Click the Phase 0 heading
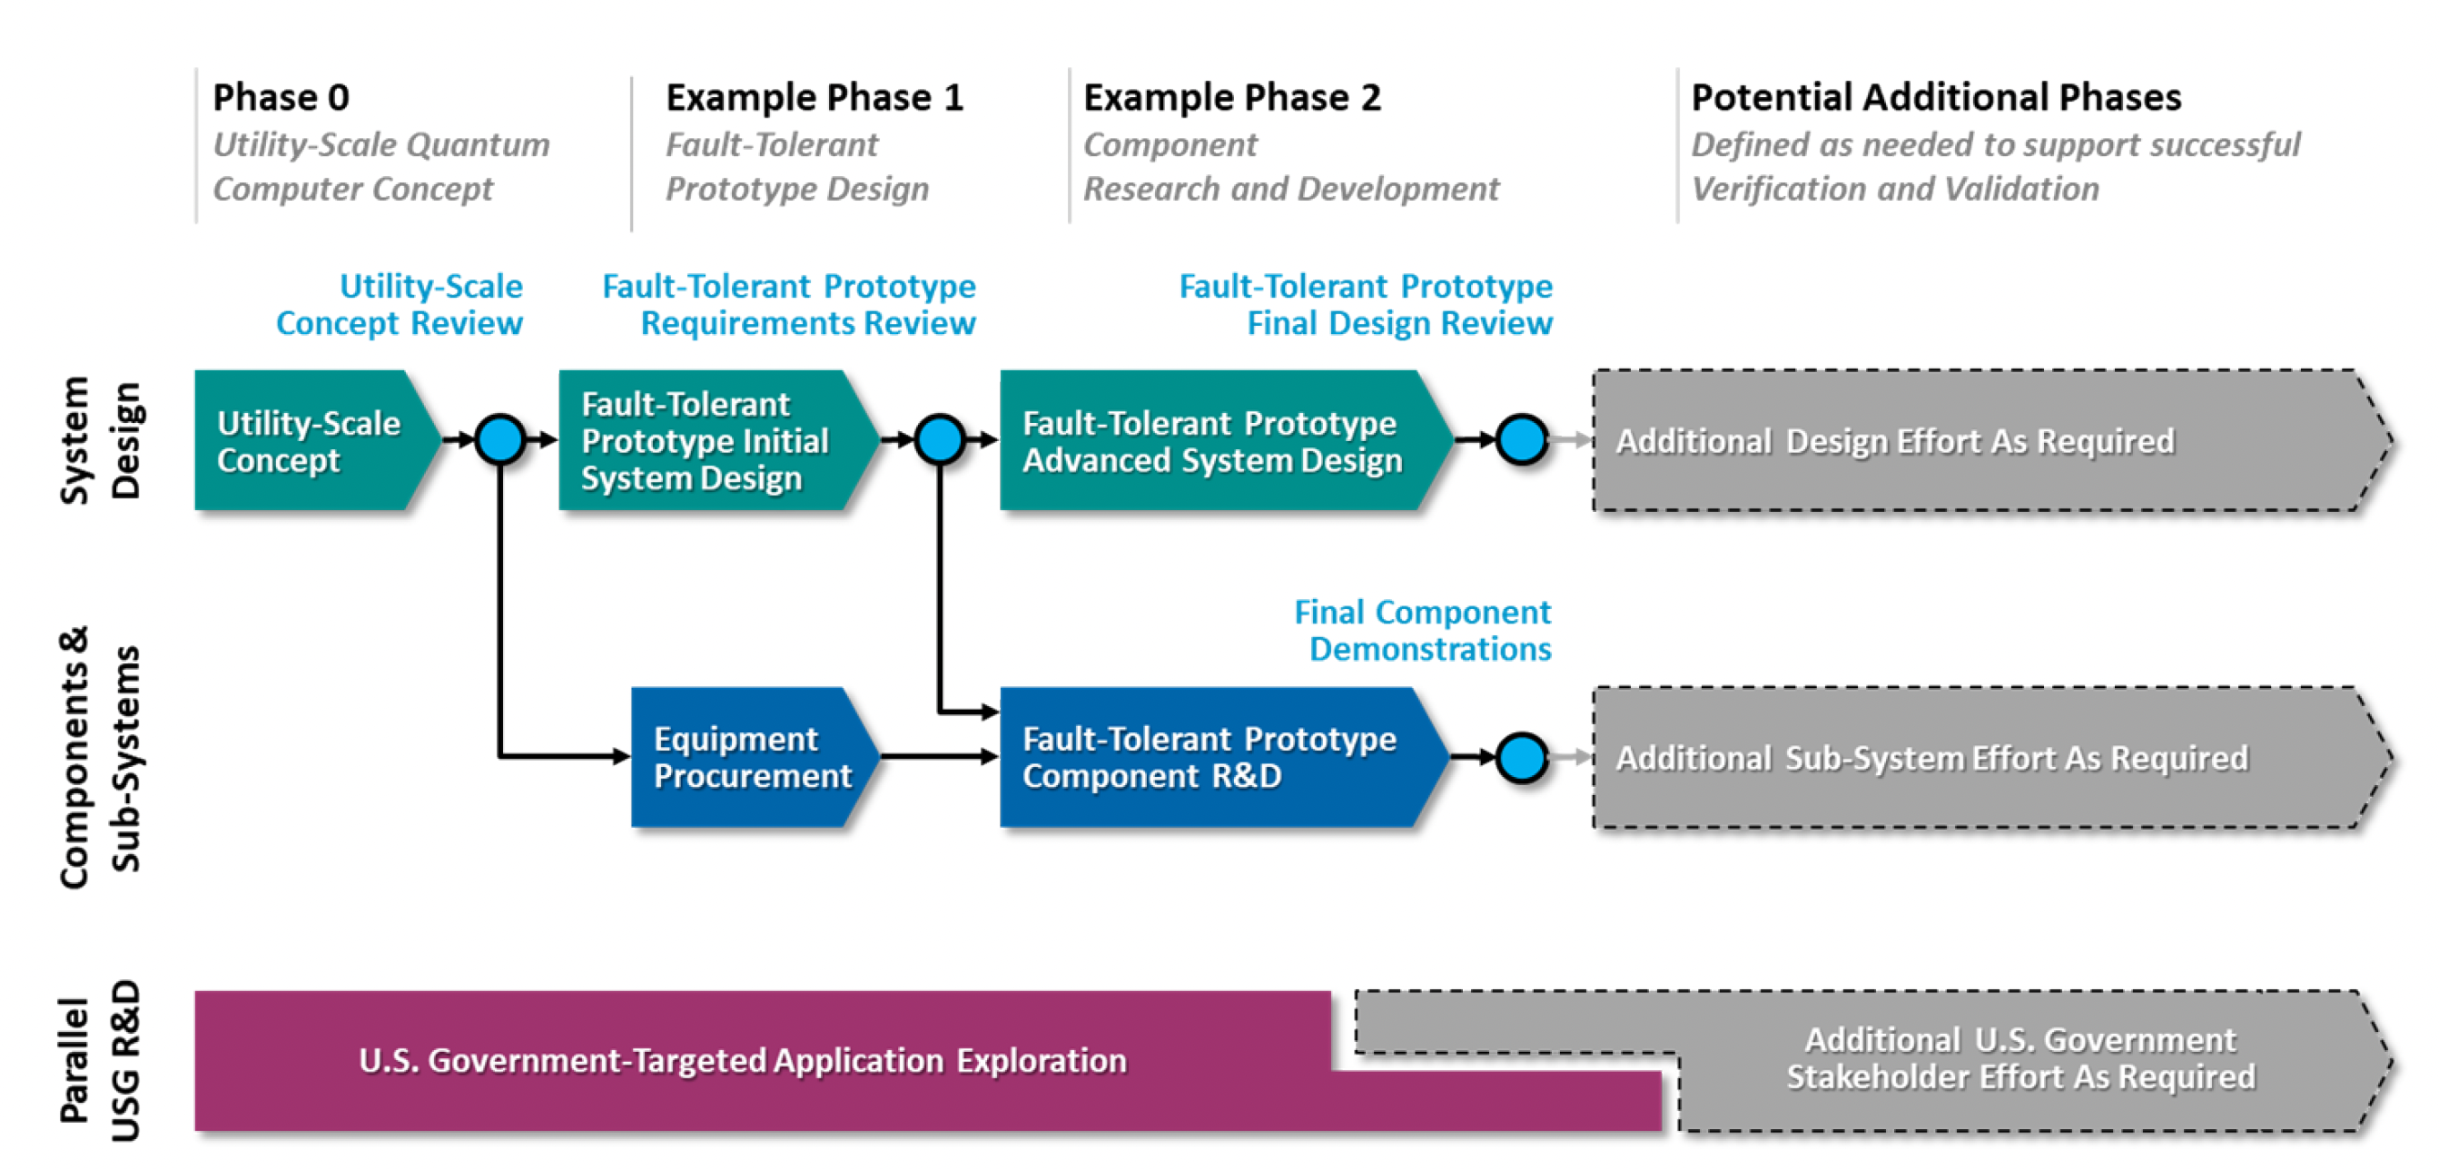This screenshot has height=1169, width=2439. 281,97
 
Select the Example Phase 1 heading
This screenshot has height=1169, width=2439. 815,97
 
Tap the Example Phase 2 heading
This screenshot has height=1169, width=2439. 1232,97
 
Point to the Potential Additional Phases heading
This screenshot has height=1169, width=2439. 1936,97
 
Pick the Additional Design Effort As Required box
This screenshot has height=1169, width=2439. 1993,441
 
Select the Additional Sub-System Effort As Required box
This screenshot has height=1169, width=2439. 1993,757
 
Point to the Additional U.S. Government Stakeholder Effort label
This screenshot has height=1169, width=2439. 2020,1058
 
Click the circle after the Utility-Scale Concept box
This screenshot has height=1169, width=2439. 500,439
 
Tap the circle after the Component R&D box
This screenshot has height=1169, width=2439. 1523,757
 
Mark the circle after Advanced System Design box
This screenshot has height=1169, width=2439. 1523,439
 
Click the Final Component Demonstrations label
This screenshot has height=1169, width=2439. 1423,631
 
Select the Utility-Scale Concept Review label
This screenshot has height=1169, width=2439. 400,305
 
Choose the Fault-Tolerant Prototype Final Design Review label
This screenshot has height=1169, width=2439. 1367,305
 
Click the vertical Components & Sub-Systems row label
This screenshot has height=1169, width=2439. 99,757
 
